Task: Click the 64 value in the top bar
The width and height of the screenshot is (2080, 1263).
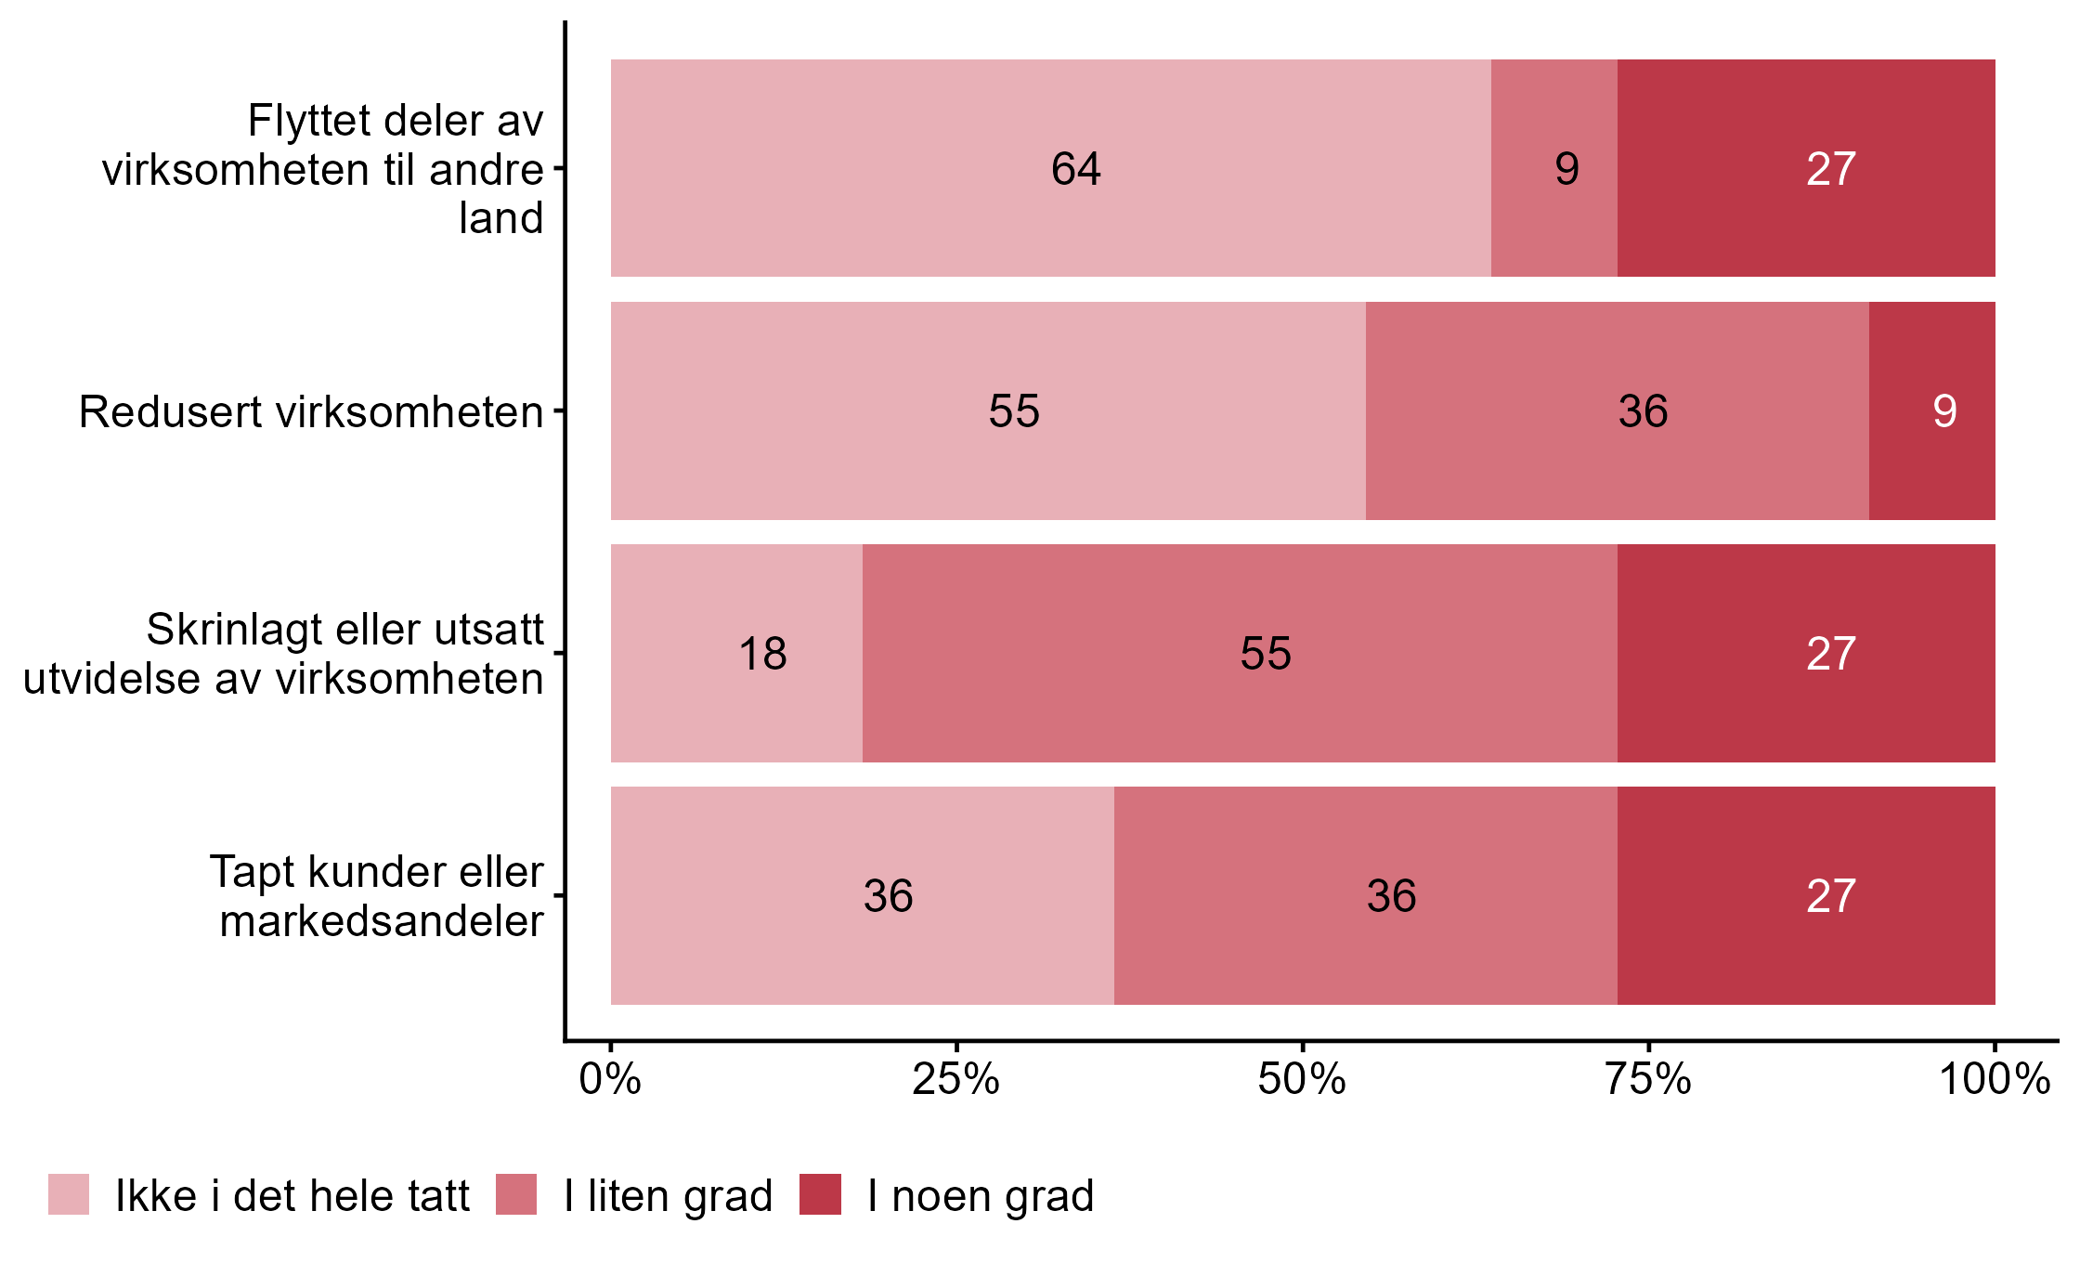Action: point(1075,169)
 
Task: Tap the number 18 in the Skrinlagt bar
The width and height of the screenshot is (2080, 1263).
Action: point(762,654)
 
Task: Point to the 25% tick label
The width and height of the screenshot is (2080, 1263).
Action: point(955,1080)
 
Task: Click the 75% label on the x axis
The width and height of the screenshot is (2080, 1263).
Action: point(1648,1080)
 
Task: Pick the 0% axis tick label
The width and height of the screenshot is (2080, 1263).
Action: point(610,1080)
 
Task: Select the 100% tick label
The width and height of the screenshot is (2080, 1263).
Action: point(1994,1080)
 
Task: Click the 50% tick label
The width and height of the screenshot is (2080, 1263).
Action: point(1302,1080)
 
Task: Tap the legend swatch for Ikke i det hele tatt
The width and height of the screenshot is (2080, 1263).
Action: point(69,1194)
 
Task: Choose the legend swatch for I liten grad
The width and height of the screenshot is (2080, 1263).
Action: point(516,1194)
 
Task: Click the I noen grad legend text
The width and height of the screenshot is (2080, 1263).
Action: point(981,1196)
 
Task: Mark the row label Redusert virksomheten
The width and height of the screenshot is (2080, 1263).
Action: point(311,412)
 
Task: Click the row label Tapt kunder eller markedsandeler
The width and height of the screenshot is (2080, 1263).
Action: point(377,896)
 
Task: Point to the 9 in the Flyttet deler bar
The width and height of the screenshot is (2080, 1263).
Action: point(1566,169)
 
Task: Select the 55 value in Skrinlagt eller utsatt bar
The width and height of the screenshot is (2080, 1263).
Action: point(1266,654)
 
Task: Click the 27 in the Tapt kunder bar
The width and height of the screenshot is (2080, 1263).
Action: point(1830,896)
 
